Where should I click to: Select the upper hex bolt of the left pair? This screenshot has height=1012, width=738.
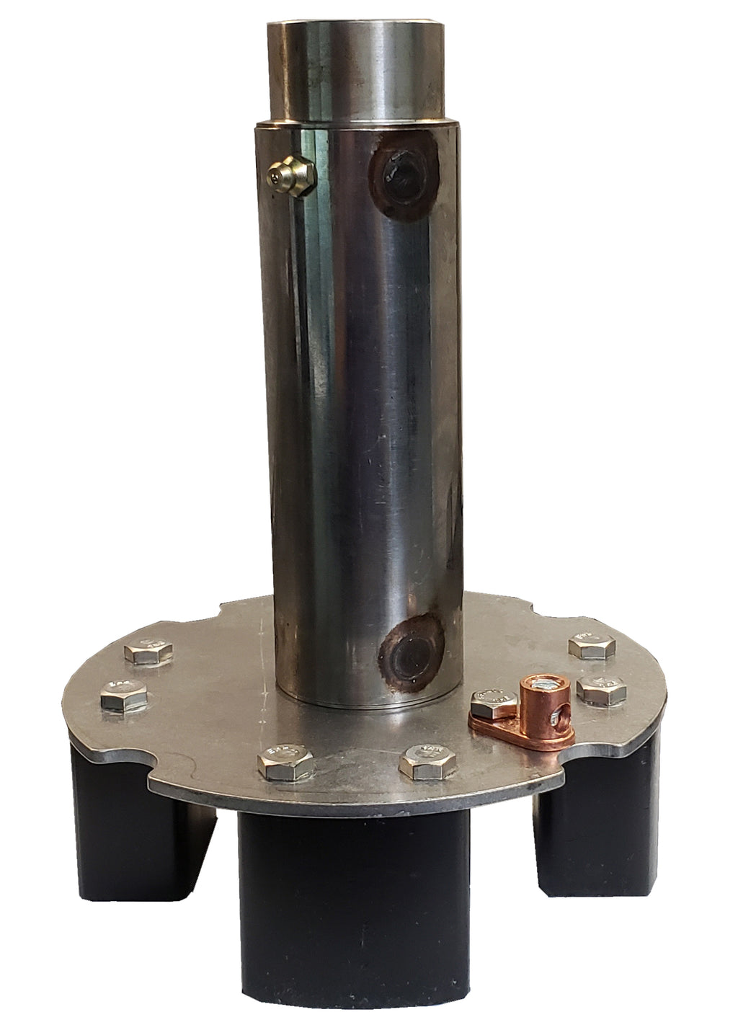pyautogui.click(x=148, y=652)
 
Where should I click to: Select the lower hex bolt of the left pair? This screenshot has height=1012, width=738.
pyautogui.click(x=125, y=696)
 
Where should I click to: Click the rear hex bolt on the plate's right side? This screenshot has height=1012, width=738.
pyautogui.click(x=592, y=644)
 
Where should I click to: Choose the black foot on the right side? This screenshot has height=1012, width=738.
pyautogui.click(x=598, y=822)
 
